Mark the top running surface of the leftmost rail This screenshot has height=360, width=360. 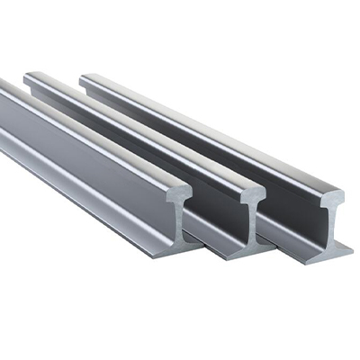pos(81,130)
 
